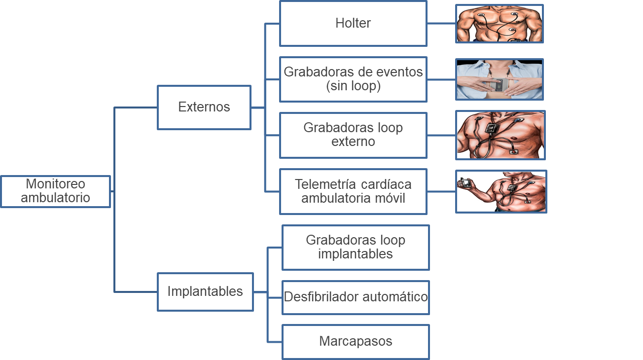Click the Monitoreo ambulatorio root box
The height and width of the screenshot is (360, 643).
[x=55, y=191]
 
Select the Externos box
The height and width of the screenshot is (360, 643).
[x=204, y=108]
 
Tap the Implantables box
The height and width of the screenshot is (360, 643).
[x=205, y=291]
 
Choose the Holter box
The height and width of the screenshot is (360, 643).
[x=353, y=23]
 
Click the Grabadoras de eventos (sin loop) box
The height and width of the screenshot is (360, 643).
[x=353, y=79]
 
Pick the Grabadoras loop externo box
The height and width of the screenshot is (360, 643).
[x=353, y=135]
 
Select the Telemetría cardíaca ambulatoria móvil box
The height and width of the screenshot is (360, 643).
[x=353, y=191]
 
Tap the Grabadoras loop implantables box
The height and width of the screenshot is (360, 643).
[x=356, y=248]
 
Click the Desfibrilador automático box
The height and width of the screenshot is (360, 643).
[x=356, y=297]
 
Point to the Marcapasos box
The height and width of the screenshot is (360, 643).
[x=356, y=341]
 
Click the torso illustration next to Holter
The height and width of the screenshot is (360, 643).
[x=499, y=24]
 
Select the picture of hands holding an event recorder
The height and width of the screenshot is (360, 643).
[x=499, y=79]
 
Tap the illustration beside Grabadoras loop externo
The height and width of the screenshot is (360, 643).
[x=500, y=135]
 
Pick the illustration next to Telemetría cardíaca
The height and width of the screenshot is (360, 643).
[x=501, y=192]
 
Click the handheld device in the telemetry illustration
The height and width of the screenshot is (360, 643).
[x=465, y=183]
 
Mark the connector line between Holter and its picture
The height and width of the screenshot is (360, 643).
[x=441, y=23]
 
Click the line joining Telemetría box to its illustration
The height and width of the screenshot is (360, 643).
[x=441, y=191]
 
